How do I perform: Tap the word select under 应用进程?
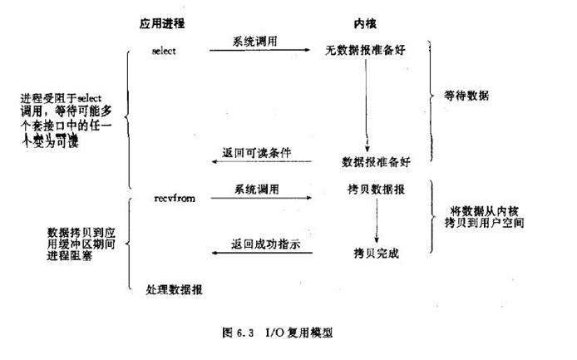click(163, 51)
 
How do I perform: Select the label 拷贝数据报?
click(377, 190)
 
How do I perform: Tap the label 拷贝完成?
click(377, 253)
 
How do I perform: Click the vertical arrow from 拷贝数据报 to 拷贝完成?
click(376, 220)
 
